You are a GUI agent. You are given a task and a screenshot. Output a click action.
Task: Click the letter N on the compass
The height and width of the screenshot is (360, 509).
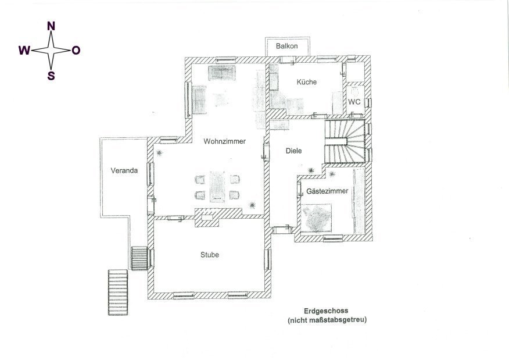[x=51, y=26]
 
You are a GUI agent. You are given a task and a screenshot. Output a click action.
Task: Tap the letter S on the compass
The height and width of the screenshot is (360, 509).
[x=51, y=76]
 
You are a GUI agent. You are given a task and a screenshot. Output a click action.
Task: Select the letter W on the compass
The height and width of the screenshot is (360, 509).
[x=24, y=51]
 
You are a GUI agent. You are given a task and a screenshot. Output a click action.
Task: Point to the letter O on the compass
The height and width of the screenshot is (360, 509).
[x=76, y=51]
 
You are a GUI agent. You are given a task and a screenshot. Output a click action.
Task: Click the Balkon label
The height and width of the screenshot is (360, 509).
[x=286, y=46]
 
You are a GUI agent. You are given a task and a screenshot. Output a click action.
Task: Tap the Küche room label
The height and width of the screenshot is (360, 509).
[x=306, y=82]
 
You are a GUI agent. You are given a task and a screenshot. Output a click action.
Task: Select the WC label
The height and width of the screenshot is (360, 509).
[x=354, y=102]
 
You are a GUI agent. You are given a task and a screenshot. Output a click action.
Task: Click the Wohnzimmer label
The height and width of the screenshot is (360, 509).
[x=225, y=141]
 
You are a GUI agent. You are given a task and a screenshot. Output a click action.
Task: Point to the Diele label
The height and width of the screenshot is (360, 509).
[x=293, y=151]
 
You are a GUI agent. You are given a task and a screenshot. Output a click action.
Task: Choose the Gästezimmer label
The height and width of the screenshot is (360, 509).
[x=327, y=191]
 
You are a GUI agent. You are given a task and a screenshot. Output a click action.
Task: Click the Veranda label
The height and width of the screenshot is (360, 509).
[x=124, y=170]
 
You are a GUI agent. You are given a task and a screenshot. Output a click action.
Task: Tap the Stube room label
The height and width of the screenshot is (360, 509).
[x=209, y=255]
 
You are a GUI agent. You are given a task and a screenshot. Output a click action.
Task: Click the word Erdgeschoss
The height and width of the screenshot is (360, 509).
[x=325, y=311]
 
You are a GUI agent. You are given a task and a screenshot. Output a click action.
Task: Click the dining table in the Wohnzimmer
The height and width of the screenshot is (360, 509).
[x=217, y=187]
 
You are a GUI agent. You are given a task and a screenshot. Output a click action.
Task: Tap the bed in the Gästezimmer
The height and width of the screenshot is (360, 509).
[x=316, y=218]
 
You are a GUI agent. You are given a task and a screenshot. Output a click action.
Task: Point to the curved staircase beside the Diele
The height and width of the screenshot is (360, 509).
[x=345, y=141]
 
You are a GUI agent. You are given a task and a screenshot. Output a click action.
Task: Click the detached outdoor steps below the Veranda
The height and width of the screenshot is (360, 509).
[x=118, y=292]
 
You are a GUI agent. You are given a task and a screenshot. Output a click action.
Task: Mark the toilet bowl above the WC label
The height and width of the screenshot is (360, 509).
[x=354, y=91]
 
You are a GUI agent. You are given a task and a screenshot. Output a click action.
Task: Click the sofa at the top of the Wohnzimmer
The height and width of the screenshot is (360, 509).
[x=222, y=73]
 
